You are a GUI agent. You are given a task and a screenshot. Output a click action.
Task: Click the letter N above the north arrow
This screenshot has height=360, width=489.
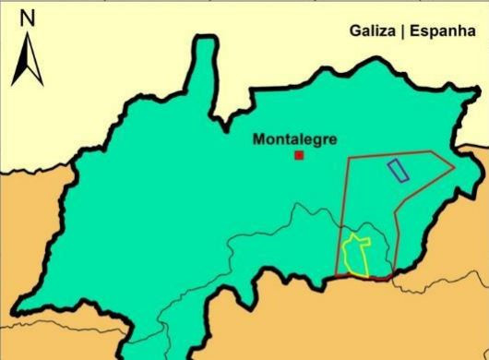(28, 17)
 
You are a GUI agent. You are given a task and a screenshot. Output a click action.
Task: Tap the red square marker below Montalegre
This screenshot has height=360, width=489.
(299, 155)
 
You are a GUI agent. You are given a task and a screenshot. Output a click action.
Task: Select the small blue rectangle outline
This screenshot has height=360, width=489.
(399, 170)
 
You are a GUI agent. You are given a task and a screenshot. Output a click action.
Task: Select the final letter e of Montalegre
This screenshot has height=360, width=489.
(333, 140)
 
